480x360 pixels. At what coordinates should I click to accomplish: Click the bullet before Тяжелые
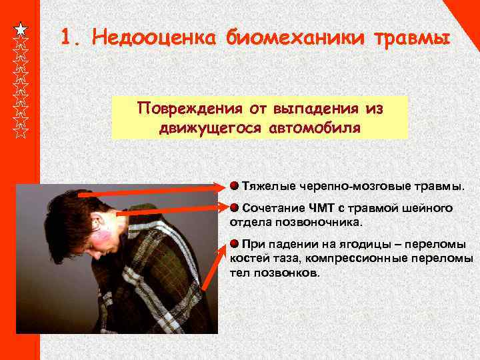tap(234, 183)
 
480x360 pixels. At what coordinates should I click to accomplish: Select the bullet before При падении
tap(234, 242)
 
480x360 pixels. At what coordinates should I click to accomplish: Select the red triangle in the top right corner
tap(471, 10)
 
